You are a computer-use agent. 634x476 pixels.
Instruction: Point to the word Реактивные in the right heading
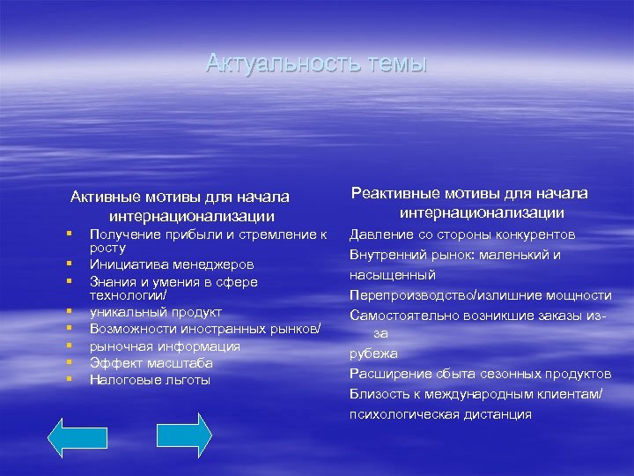[x=393, y=193]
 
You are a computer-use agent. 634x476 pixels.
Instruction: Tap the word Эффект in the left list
[x=111, y=363]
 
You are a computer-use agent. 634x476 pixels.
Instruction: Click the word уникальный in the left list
[x=125, y=312]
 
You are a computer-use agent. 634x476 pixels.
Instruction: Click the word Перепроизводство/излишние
[x=448, y=294]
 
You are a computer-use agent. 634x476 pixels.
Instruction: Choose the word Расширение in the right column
[x=387, y=374]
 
